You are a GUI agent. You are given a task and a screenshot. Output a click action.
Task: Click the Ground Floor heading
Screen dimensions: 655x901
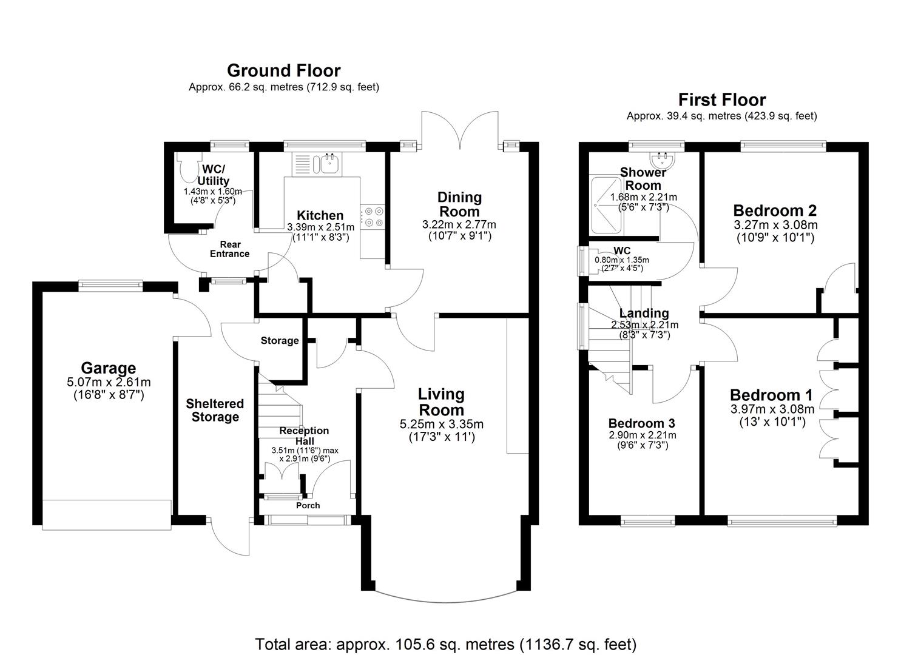[x=283, y=71]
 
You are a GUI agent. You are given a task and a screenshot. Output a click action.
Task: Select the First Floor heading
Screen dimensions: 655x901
[x=721, y=100]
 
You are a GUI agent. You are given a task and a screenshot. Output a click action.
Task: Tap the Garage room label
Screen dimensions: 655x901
[x=109, y=368]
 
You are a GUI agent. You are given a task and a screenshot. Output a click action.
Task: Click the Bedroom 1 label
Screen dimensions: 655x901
[x=771, y=395]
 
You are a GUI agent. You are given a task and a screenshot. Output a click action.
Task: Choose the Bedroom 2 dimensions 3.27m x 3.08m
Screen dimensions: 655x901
[x=775, y=225]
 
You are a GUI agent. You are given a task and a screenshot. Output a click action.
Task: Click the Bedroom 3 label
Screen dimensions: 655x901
[x=641, y=423]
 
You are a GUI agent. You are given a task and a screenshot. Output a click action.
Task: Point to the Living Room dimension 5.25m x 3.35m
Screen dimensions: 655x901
[x=441, y=424]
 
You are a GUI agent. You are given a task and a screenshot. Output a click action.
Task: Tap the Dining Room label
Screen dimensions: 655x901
[x=459, y=204]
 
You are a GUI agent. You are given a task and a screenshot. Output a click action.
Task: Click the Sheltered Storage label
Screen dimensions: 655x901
[x=215, y=411]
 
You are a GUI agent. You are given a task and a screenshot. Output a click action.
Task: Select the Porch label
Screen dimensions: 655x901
[x=308, y=505]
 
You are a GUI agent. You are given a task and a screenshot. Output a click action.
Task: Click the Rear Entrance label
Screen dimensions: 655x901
[x=229, y=249]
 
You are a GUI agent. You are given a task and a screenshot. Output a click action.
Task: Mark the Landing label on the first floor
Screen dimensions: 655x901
[x=644, y=313]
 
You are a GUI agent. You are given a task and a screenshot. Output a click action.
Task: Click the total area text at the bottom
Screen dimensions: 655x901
[x=445, y=643]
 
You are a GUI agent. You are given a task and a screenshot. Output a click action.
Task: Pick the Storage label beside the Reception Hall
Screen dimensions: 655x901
[x=279, y=341]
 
